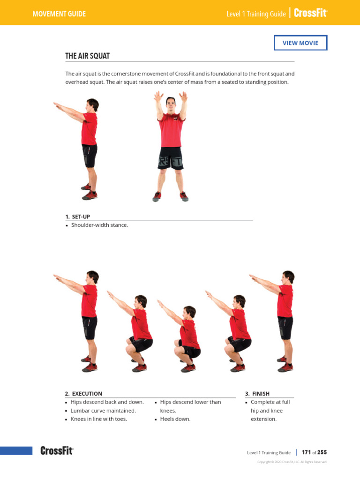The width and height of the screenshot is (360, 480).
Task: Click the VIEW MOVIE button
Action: coord(300,43)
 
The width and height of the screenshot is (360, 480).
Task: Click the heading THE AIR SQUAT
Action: coord(87,56)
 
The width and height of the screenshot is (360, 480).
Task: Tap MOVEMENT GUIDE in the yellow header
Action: coord(59,14)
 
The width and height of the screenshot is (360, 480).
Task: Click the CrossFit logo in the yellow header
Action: coord(310,14)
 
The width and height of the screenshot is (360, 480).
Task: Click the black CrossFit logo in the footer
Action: coord(57,451)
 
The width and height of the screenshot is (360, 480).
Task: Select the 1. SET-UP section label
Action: coord(78,217)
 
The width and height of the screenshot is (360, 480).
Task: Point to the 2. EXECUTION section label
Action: coord(83,394)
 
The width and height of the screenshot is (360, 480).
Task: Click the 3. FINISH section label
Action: coord(257,394)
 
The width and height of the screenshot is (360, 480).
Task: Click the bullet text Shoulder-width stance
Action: coord(99,225)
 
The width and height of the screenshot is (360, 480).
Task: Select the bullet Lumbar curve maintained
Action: coord(103,411)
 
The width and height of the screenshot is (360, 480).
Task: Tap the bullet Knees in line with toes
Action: coord(98,419)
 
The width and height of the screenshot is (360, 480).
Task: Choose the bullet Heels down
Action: coord(175,419)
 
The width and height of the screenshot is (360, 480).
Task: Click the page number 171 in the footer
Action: coord(307,452)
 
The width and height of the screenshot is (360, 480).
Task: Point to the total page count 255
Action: coord(322,452)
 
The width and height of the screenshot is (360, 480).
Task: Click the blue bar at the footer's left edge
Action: coord(16,451)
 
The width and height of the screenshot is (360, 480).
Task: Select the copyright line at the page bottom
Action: coord(292,462)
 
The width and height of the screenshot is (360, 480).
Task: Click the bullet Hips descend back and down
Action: coord(107,402)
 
